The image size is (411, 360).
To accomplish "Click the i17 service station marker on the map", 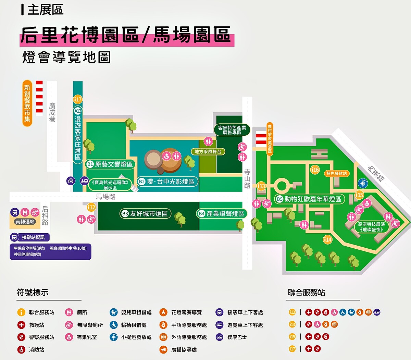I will pyautogui.click(x=78, y=100).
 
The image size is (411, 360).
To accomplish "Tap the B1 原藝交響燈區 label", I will pyautogui.click(x=110, y=164).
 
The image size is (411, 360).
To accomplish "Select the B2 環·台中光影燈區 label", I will pyautogui.click(x=166, y=182).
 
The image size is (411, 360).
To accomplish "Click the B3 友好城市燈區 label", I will pyautogui.click(x=145, y=214).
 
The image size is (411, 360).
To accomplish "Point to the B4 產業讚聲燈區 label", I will pyautogui.click(x=222, y=214).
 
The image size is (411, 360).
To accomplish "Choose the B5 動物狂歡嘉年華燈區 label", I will pyautogui.click(x=309, y=199).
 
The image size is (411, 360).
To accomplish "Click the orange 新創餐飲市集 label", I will pyautogui.click(x=27, y=103).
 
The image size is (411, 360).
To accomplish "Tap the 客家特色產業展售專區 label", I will pyautogui.click(x=232, y=130).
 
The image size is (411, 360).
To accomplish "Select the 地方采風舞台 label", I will pyautogui.click(x=208, y=151).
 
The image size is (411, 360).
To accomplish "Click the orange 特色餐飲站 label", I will pyautogui.click(x=336, y=173).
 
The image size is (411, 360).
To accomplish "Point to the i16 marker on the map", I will pyautogui.click(x=315, y=170).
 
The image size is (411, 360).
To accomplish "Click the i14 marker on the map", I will pyautogui.click(x=328, y=239).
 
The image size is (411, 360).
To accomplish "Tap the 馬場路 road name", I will pyautogui.click(x=105, y=197).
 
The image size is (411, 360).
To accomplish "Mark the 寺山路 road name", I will pyautogui.click(x=247, y=178).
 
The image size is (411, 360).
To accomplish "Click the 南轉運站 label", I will pyautogui.click(x=25, y=222).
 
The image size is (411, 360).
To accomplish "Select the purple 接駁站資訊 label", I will pyautogui.click(x=30, y=237).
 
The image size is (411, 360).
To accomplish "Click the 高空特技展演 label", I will pyautogui.click(x=372, y=227).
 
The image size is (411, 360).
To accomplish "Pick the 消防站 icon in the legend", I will pyautogui.click(x=21, y=350).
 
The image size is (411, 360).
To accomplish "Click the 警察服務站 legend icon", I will pyautogui.click(x=21, y=337).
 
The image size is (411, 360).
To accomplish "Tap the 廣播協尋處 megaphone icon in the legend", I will pyautogui.click(x=163, y=350).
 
